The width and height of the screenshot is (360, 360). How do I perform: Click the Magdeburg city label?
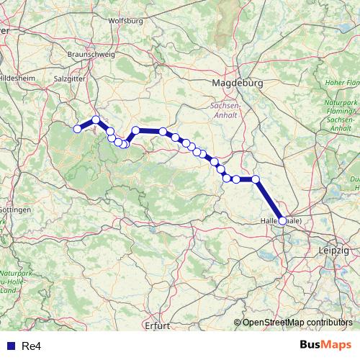[238, 84]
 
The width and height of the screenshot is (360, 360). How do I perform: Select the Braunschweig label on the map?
[91, 55]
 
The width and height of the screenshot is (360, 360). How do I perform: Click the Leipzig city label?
[333, 249]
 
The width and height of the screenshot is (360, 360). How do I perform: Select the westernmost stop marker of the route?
[78, 129]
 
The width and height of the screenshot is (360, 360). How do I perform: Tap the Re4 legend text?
[30, 345]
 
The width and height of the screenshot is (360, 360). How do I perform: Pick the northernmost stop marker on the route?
[96, 120]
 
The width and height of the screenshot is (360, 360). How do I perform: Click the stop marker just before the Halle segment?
[256, 179]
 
